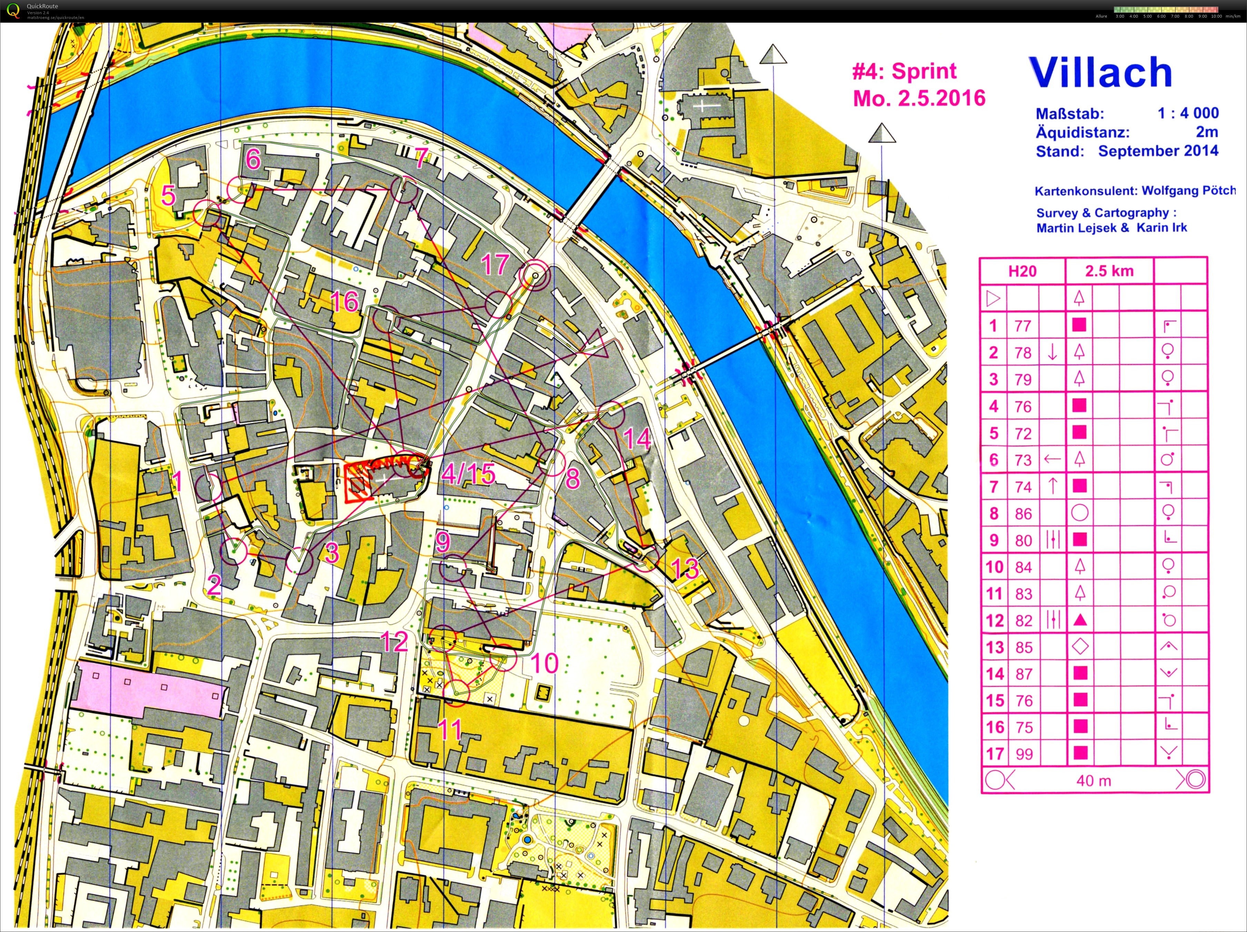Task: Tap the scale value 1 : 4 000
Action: pyautogui.click(x=1188, y=113)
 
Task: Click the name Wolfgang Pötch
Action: pyautogui.click(x=1188, y=191)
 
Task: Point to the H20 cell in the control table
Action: pyautogui.click(x=1022, y=271)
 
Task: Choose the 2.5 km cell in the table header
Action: pyautogui.click(x=1109, y=271)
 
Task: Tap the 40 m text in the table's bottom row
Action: pyautogui.click(x=1093, y=780)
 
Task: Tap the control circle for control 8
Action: pyautogui.click(x=551, y=462)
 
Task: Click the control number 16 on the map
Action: pyautogui.click(x=344, y=302)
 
